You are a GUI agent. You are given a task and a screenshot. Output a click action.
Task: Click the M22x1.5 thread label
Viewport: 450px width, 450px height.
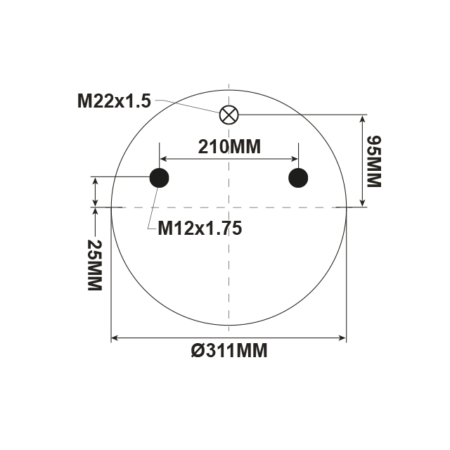click(114, 101)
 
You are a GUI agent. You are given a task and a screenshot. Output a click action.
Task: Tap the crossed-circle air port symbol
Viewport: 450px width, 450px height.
click(229, 114)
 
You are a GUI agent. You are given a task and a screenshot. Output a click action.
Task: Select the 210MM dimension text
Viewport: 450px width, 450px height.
click(229, 147)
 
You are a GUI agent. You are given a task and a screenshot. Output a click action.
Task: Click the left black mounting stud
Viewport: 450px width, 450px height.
click(160, 178)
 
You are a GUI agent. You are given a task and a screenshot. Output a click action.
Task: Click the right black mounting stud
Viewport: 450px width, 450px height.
click(299, 178)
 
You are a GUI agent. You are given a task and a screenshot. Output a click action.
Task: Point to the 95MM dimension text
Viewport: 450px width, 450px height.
click(373, 161)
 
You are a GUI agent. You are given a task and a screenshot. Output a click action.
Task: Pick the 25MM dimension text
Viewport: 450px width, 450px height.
click(94, 265)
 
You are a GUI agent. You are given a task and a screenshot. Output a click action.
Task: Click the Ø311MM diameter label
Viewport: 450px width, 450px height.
click(229, 350)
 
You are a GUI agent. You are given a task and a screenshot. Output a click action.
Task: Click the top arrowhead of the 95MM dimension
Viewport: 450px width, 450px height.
click(363, 118)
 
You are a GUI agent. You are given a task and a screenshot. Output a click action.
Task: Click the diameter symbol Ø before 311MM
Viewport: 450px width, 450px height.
click(197, 350)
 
